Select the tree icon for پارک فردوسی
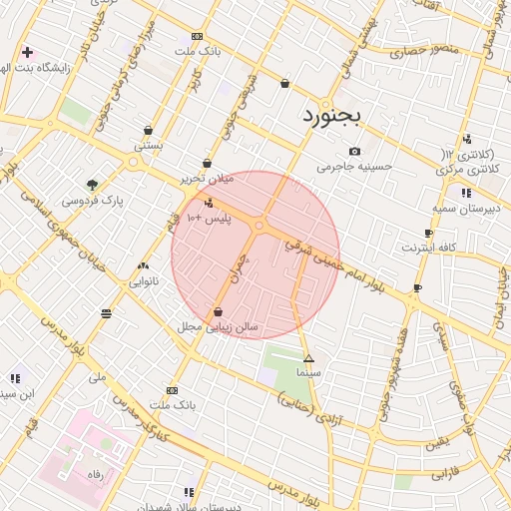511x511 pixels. click(x=92, y=185)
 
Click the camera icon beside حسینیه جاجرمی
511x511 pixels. click(x=354, y=151)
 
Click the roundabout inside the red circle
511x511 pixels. click(x=259, y=227)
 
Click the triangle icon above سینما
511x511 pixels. click(x=308, y=357)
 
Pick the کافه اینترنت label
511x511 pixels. click(x=430, y=247)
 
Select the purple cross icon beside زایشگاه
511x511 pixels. click(x=27, y=52)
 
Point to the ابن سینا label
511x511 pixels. click(x=17, y=393)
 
